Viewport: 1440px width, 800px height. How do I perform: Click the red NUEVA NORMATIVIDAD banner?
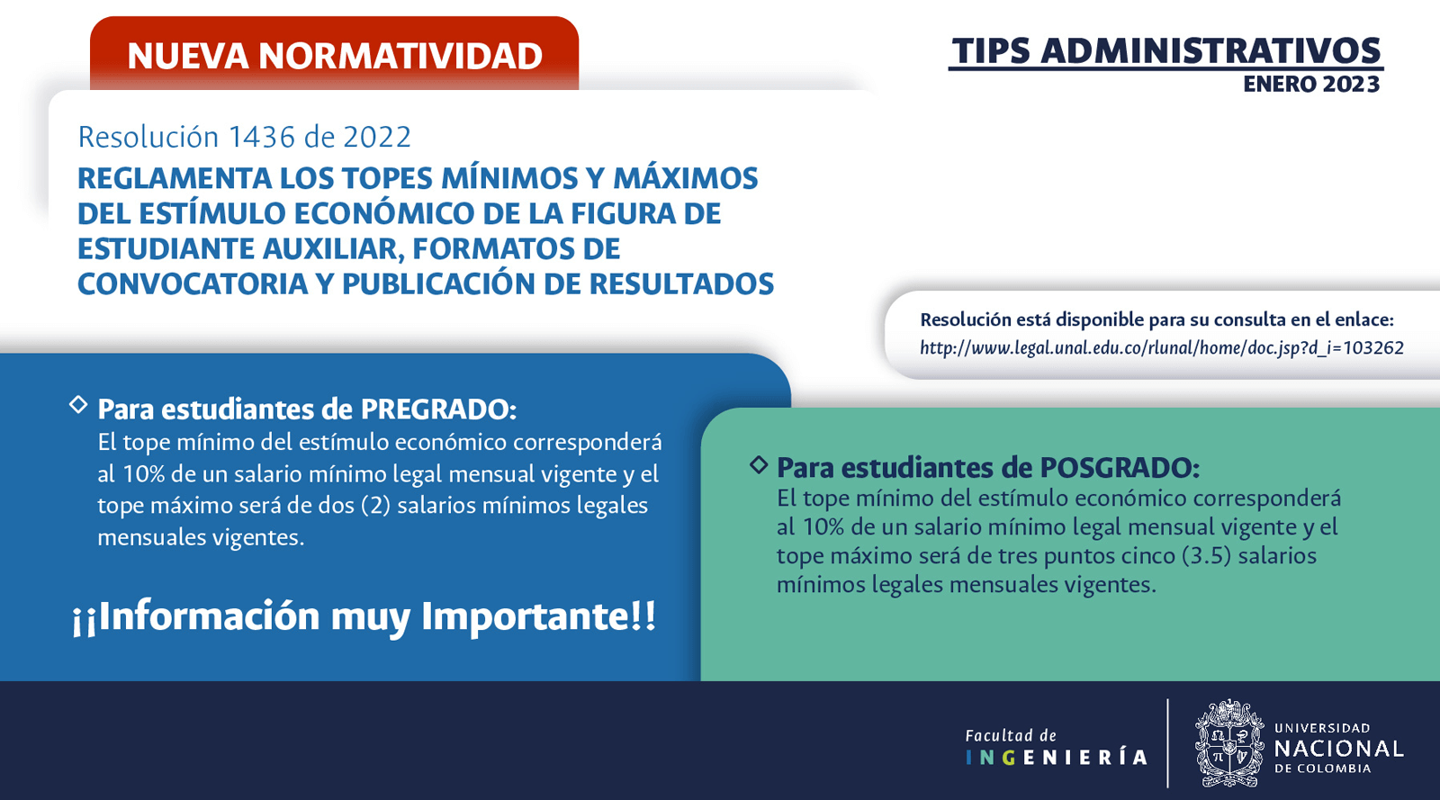pyautogui.click(x=334, y=54)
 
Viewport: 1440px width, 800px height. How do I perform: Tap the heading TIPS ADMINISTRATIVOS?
pyautogui.click(x=1166, y=51)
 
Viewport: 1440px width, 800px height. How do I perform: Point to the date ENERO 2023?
pyautogui.click(x=1311, y=85)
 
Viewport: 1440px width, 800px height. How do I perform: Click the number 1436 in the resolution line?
pyautogui.click(x=262, y=137)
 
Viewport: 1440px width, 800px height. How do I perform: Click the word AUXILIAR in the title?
pyautogui.click(x=333, y=249)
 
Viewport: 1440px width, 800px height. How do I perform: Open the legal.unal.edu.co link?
pyautogui.click(x=1162, y=347)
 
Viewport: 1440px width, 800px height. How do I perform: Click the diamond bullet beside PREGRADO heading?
pyautogui.click(x=78, y=405)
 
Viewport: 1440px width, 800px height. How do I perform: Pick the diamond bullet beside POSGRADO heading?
pyautogui.click(x=760, y=464)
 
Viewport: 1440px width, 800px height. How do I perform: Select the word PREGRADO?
pyautogui.click(x=438, y=409)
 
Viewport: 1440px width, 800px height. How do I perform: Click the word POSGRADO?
pyautogui.click(x=1120, y=468)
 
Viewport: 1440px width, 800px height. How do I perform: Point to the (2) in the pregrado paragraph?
pyautogui.click(x=376, y=506)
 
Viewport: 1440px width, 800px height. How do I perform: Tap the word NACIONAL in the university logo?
pyautogui.click(x=1338, y=749)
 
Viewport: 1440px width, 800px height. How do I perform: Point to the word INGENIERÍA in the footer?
pyautogui.click(x=1057, y=758)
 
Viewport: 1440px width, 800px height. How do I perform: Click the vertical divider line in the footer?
pyautogui.click(x=1167, y=742)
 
